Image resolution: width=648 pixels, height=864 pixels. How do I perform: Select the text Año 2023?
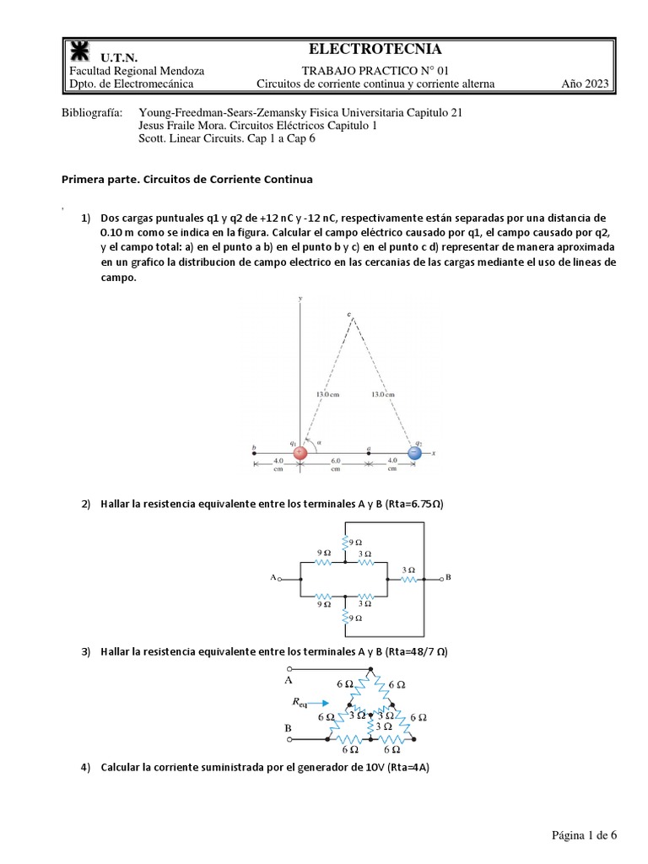pos(585,84)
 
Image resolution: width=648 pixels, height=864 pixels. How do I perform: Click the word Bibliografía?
pos(92,112)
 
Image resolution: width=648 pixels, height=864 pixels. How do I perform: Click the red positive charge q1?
pos(299,453)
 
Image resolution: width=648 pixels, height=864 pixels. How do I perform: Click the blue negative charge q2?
pos(414,453)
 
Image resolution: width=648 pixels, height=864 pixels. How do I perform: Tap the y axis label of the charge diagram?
pos(301,300)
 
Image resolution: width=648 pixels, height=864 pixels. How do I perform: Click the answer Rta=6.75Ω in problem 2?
pos(414,505)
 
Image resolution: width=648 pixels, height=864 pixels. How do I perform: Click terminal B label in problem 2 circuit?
pos(448,578)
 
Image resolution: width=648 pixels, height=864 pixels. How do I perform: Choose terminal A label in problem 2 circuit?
pos(273,578)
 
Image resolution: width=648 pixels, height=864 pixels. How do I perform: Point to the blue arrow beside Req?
pos(321,701)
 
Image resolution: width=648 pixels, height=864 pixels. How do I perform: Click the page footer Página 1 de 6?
pos(585,835)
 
